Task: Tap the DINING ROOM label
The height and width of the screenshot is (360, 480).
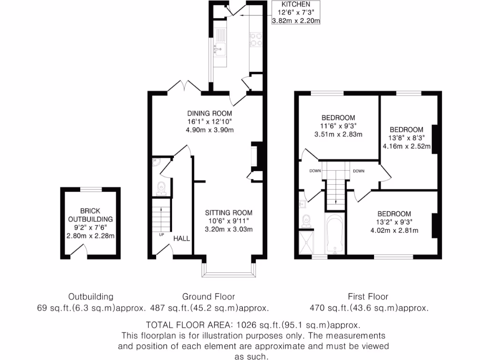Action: point(210,113)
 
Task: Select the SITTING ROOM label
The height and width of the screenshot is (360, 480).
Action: point(228,212)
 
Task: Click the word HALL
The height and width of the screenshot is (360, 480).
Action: point(181,239)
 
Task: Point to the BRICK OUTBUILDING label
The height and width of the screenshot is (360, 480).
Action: point(90,215)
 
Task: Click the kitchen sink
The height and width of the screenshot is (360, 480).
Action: point(218,48)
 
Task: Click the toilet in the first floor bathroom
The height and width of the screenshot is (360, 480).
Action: point(307,219)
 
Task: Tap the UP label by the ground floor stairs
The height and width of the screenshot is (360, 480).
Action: point(161,234)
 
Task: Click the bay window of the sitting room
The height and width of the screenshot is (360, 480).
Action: point(228,271)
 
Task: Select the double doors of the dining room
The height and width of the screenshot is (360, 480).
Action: point(184,86)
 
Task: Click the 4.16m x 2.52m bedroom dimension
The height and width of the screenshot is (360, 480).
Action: point(406,146)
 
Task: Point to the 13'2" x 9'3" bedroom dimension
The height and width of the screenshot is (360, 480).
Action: point(394,222)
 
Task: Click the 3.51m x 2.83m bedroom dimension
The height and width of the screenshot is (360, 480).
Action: point(338,134)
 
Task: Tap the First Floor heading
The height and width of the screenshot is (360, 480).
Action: point(368,297)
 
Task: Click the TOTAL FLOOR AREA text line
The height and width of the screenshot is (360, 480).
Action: point(253,325)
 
